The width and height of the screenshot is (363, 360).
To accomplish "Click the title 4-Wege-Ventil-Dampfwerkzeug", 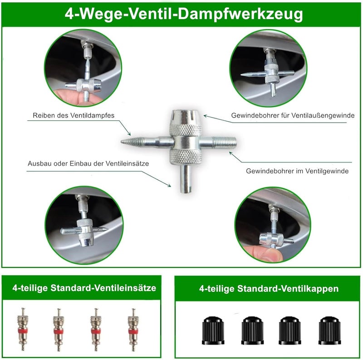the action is (x=184, y=14).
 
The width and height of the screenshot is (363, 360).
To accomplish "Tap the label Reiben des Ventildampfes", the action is (x=74, y=115).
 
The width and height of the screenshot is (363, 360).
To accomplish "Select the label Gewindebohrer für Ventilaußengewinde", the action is (x=293, y=115).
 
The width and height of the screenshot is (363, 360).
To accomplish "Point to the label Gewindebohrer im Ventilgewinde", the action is (x=297, y=171).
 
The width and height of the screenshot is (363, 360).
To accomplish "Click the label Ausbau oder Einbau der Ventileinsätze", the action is (x=88, y=163).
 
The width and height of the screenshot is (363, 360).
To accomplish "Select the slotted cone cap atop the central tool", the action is (x=185, y=118).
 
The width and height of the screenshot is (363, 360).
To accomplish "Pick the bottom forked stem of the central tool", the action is (x=186, y=179).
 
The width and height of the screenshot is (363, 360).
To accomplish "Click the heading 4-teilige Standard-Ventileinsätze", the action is (x=84, y=288).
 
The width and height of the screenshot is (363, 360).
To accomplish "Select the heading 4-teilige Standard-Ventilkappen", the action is (x=269, y=289).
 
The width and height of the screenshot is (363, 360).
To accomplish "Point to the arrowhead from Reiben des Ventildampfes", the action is (x=129, y=134).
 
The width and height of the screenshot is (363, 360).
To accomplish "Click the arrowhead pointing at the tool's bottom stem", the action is (x=169, y=185).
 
